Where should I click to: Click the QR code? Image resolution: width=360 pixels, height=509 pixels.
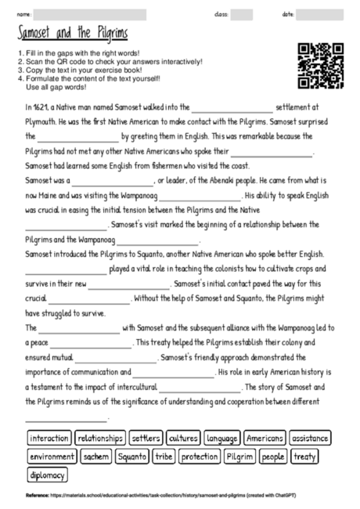pyautogui.click(x=322, y=67)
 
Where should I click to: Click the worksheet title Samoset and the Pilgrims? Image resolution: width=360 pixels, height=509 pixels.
pyautogui.click(x=72, y=34)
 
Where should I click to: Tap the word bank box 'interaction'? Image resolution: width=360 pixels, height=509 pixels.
pyautogui.click(x=49, y=438)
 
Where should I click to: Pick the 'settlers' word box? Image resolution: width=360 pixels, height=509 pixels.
pyautogui.click(x=146, y=438)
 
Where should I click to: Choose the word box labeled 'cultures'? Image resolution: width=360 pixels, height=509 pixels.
pyautogui.click(x=183, y=438)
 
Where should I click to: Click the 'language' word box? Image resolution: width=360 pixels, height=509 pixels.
pyautogui.click(x=222, y=438)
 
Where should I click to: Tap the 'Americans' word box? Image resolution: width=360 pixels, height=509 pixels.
pyautogui.click(x=265, y=438)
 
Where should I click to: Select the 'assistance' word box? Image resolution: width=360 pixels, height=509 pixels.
pyautogui.click(x=311, y=438)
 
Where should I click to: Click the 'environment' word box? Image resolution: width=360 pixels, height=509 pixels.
pyautogui.click(x=52, y=457)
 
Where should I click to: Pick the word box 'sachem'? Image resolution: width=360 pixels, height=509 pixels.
pyautogui.click(x=96, y=457)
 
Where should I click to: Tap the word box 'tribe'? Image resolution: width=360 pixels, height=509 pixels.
pyautogui.click(x=164, y=457)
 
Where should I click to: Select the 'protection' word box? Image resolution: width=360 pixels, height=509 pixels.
pyautogui.click(x=199, y=457)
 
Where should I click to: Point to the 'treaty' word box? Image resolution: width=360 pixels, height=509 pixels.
pyautogui.click(x=304, y=457)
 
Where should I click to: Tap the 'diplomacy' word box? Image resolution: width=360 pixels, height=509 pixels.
pyautogui.click(x=47, y=475)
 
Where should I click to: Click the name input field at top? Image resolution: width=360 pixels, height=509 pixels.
pyautogui.click(x=90, y=14)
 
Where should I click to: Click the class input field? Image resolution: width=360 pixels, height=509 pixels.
pyautogui.click(x=242, y=14)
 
